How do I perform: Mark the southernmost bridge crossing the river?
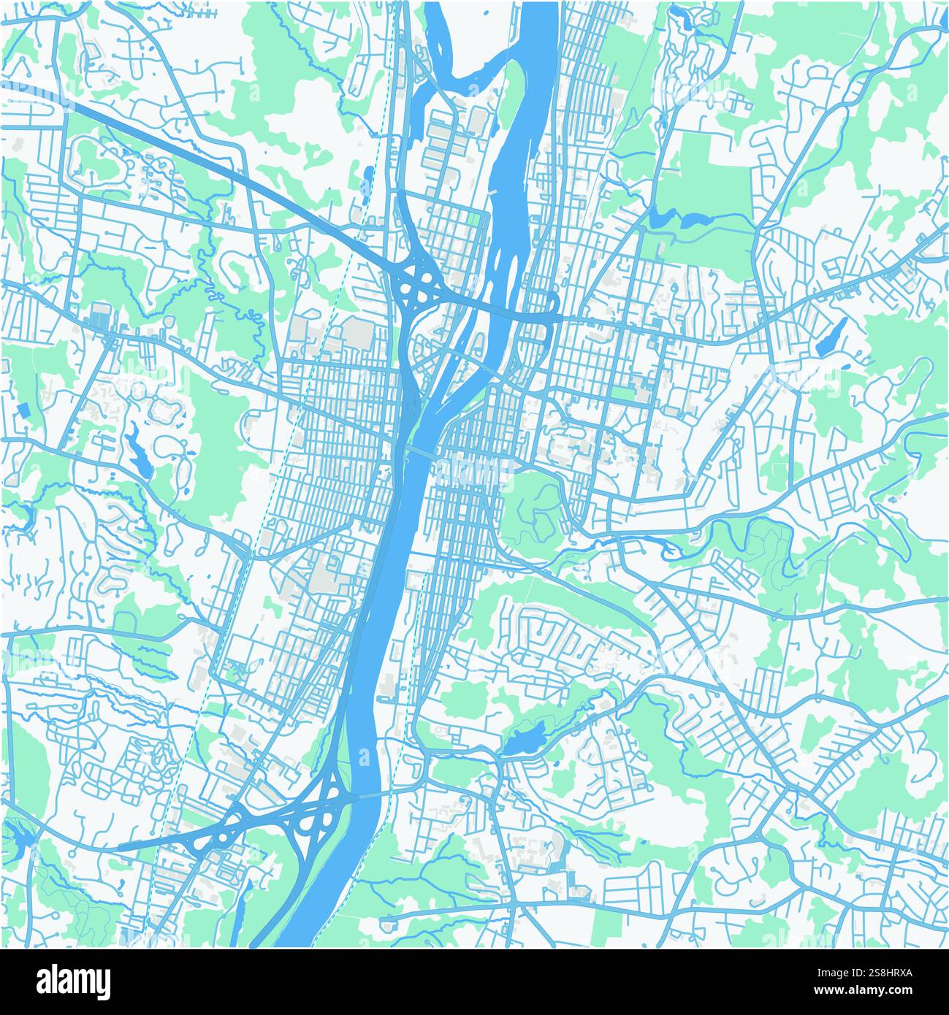pyautogui.click(x=365, y=797)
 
